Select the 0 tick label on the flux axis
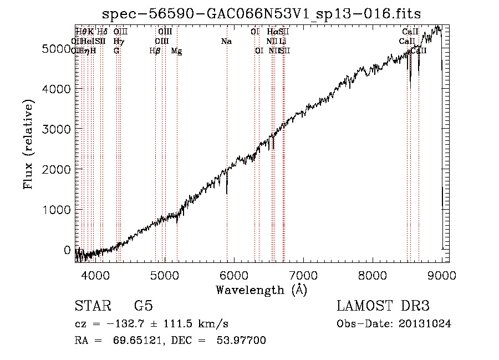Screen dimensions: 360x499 [67, 250]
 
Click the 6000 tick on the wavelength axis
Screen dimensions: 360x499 [233, 275]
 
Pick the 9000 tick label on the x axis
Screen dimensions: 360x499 [442, 275]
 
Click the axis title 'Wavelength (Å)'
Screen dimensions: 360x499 [261, 290]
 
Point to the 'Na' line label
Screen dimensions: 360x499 [226, 42]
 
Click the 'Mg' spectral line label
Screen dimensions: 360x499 [176, 51]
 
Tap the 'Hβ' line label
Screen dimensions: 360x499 [155, 51]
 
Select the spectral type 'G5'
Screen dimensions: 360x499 [143, 306]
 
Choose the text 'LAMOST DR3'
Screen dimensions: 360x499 [383, 306]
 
